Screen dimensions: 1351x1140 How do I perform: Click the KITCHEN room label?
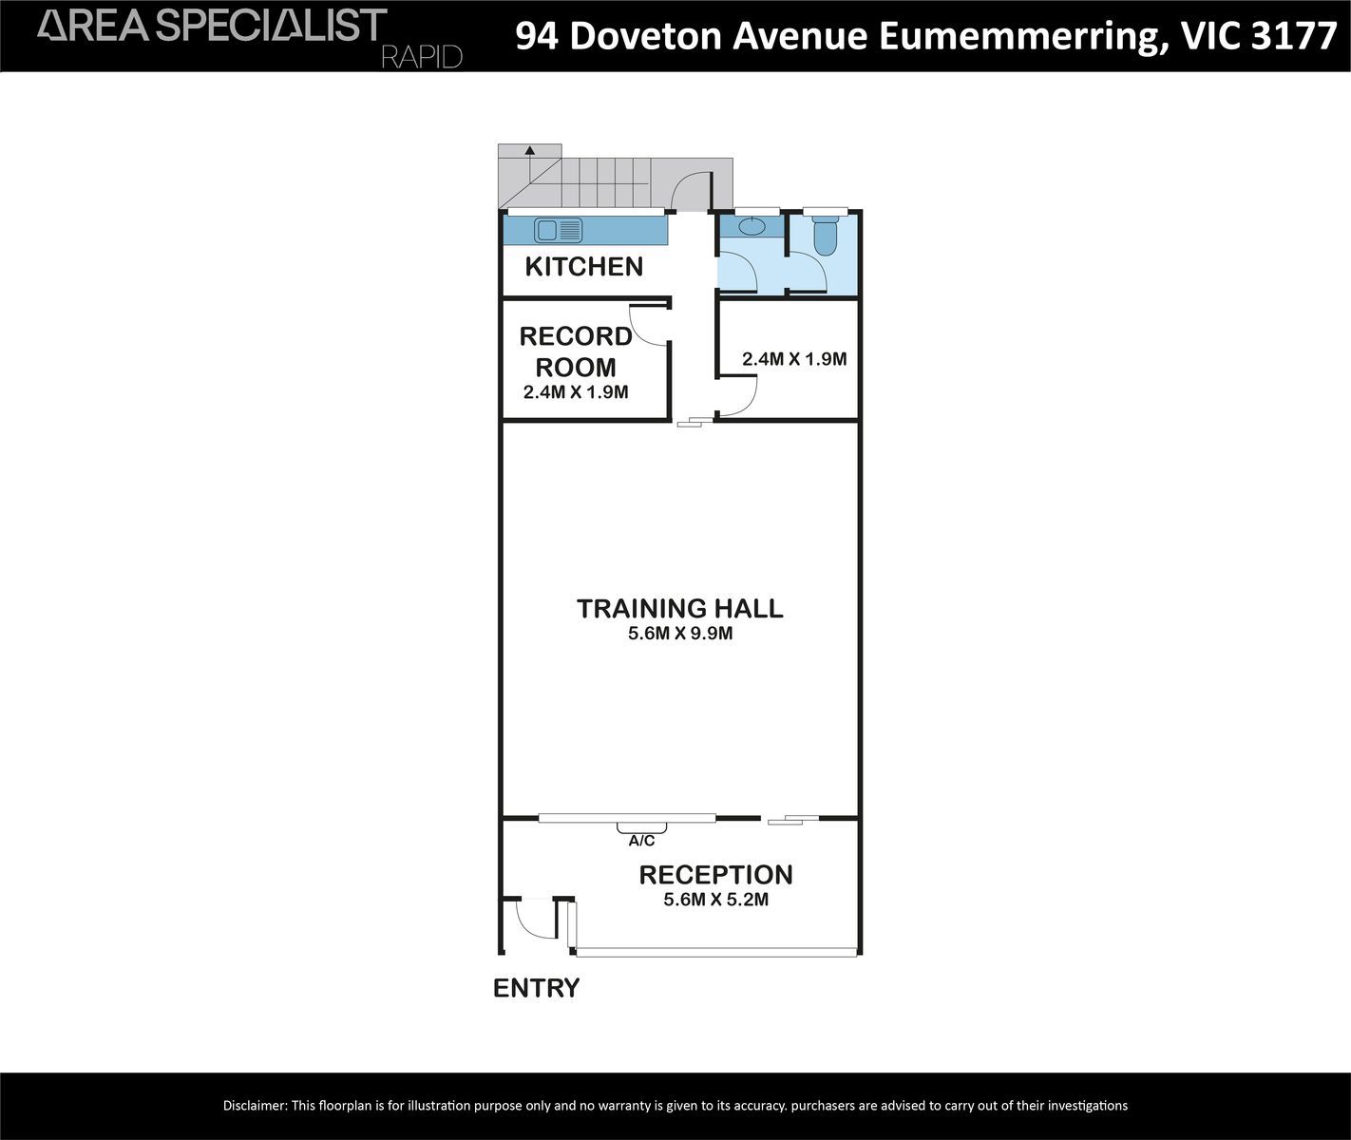coord(583,267)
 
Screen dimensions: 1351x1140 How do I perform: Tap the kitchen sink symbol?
coord(558,230)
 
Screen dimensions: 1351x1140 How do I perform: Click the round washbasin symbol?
coord(752,226)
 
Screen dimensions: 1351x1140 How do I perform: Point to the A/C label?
coord(641,841)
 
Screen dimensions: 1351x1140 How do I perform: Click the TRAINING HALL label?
coord(680,608)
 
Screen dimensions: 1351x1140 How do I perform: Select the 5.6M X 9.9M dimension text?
coord(680,634)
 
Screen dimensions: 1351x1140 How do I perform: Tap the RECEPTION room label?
coord(715,875)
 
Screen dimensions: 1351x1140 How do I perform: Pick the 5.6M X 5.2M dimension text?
coord(715,900)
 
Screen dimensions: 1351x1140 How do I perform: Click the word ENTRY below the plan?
coord(537,988)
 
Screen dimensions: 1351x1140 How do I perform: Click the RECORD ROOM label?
coord(575,351)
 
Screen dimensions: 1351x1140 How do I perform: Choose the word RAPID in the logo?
coord(422,57)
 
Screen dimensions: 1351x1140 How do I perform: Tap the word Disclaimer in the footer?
coord(255,1106)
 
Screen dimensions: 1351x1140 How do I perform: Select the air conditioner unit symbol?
coord(641,827)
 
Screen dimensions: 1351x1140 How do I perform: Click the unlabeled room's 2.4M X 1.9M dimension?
coord(794,359)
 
